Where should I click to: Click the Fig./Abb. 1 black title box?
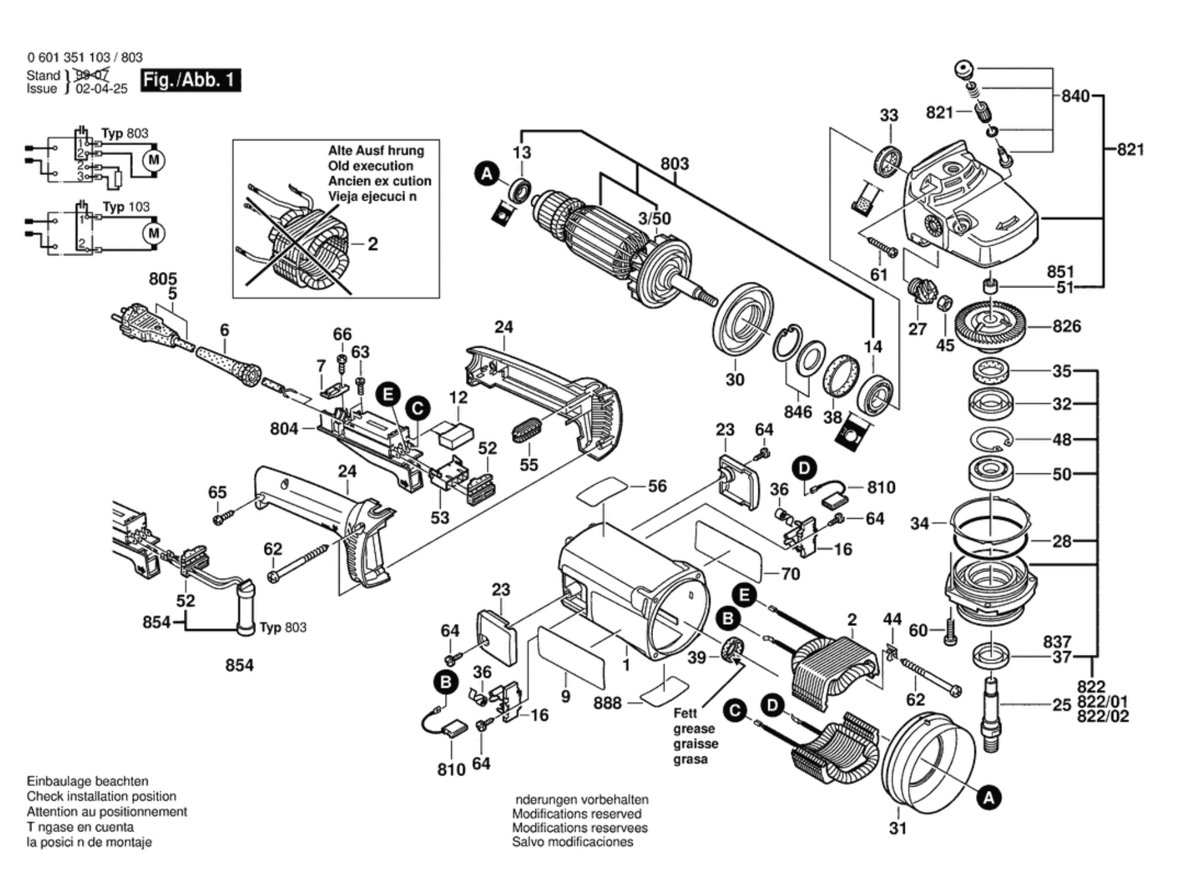(x=190, y=81)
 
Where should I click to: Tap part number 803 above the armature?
(x=675, y=164)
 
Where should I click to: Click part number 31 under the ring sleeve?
(x=898, y=828)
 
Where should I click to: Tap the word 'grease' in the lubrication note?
(x=694, y=729)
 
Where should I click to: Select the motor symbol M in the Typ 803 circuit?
(x=153, y=161)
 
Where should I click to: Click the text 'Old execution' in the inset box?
(x=371, y=166)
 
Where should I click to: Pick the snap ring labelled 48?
(x=991, y=439)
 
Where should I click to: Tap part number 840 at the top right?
(x=1075, y=96)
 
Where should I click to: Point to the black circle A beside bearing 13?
(x=487, y=174)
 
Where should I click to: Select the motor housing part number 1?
(x=626, y=665)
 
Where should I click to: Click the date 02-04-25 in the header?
(x=102, y=89)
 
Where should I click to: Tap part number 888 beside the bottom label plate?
(x=607, y=703)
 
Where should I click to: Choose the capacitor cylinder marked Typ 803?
(x=246, y=606)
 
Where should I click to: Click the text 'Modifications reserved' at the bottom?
(x=576, y=814)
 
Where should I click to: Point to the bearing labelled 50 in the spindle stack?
(x=990, y=473)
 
